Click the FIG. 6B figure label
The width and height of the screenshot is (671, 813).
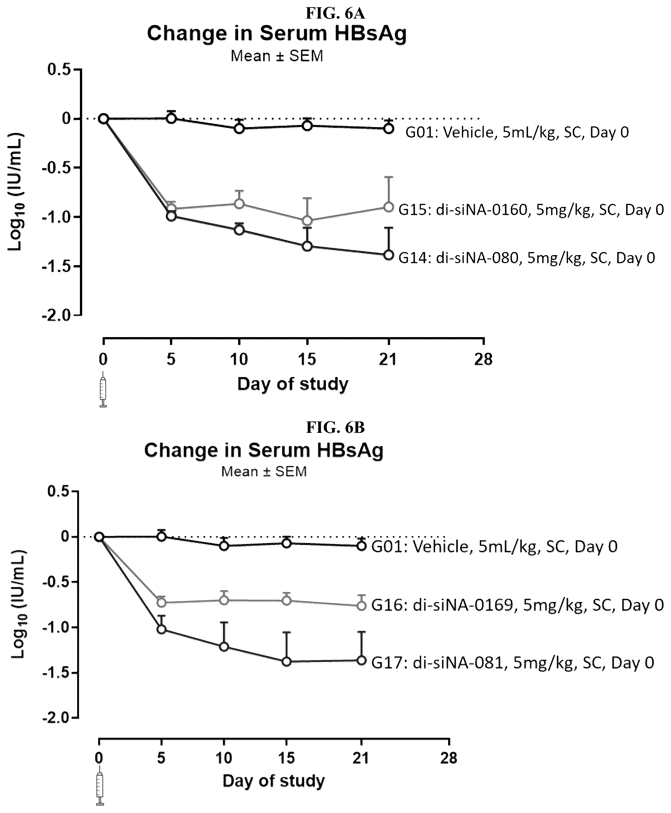(335, 427)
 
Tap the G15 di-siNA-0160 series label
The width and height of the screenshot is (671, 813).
(531, 210)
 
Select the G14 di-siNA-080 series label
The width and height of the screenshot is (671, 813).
(526, 258)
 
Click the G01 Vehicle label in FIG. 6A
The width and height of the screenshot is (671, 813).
(517, 133)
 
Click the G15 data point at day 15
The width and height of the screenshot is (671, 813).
(307, 221)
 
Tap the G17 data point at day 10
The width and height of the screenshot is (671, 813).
(224, 647)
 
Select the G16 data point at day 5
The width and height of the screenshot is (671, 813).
(162, 602)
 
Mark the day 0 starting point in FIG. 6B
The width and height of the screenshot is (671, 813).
(99, 537)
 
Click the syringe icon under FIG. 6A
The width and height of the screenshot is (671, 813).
(103, 389)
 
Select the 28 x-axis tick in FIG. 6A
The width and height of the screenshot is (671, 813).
(483, 360)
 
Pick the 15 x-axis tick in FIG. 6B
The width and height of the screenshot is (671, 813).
(286, 759)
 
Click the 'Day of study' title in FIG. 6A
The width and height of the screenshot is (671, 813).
(292, 384)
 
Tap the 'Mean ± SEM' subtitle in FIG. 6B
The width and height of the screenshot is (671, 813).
(264, 471)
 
